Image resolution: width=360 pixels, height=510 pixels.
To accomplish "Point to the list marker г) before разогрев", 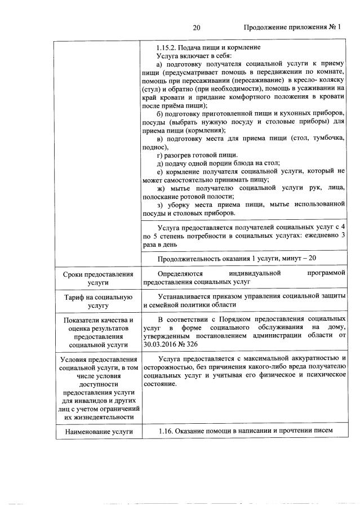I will point(161,155).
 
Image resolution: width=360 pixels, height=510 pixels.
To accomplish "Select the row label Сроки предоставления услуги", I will point(98,278).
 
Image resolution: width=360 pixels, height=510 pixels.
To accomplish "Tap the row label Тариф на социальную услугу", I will point(98,301).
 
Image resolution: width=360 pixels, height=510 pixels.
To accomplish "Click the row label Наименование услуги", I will point(98,432).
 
